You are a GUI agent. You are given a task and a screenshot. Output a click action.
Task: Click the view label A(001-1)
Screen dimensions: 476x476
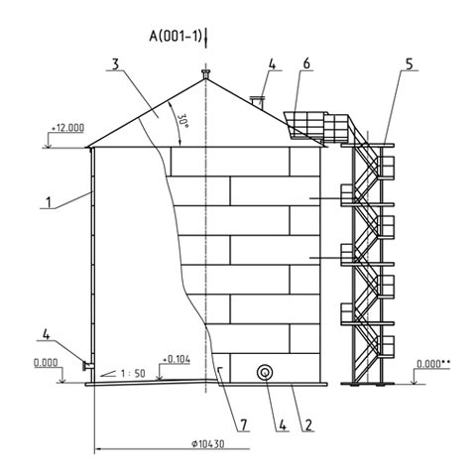coord(176,36)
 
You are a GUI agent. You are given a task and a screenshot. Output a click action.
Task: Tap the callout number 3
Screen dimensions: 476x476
coord(115,64)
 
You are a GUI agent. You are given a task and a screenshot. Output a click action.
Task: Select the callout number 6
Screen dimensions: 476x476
coord(306,63)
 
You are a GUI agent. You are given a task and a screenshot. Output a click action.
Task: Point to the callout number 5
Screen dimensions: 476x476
coord(410,64)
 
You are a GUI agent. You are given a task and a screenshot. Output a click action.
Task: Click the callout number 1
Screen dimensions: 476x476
coord(49,202)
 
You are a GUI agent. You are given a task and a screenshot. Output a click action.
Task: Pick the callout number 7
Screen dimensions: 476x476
coord(244,425)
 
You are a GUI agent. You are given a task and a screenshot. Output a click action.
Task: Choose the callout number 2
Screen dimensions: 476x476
coord(308,425)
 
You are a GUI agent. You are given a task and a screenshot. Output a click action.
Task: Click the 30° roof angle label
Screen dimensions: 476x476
coord(183,122)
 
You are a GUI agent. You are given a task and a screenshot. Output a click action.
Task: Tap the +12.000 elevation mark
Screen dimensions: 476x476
coord(67,128)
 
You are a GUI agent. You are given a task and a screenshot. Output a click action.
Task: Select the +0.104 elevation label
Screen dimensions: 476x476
coord(177,359)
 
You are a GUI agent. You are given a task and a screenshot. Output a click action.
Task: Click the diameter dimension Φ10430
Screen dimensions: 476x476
coord(207,444)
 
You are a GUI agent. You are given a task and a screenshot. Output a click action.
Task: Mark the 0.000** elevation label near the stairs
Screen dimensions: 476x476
coord(433,364)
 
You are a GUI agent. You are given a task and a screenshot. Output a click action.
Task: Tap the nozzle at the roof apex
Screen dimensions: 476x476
coord(205,74)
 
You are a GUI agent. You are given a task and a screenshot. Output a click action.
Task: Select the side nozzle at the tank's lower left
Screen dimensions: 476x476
coord(87,366)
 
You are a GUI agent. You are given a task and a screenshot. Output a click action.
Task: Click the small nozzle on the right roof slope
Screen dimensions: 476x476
coord(257,102)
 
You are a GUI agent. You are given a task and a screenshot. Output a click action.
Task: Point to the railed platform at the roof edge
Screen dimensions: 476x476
coord(316,126)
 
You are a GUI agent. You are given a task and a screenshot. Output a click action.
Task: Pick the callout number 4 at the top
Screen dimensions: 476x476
coord(272,64)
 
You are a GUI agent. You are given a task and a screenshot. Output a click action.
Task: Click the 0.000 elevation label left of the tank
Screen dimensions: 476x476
coord(46,363)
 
